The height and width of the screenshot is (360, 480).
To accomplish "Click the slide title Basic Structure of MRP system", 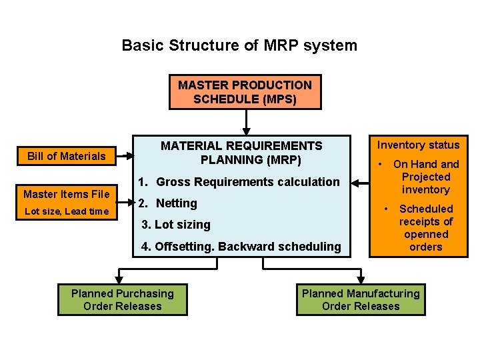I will coord(239,46).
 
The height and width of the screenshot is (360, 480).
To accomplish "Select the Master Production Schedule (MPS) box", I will coord(245,92).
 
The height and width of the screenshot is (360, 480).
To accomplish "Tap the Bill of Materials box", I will coord(66,157).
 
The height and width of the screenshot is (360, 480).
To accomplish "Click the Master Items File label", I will coord(66,195).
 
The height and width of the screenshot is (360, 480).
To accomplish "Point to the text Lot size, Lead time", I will coord(66,211).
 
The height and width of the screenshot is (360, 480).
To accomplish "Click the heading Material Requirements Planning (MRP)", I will coord(241,153).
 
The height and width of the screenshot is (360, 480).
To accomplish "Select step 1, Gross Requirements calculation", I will coord(239,182).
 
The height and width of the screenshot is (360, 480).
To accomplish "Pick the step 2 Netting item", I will coord(167,203).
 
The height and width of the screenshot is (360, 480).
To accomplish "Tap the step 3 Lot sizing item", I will coord(176,225).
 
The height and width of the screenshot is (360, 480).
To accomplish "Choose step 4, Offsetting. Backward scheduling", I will coord(241,247).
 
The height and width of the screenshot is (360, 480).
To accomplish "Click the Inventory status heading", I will coord(419,145).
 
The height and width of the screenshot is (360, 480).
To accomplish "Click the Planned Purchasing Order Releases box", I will coord(122,300).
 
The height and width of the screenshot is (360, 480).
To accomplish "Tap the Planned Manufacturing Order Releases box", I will coord(361,300).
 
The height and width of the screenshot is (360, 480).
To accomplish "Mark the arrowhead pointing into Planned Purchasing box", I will coord(120,277).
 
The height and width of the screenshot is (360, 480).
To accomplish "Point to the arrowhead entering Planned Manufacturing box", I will coord(361,277).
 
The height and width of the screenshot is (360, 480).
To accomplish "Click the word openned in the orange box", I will coord(426,234).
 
